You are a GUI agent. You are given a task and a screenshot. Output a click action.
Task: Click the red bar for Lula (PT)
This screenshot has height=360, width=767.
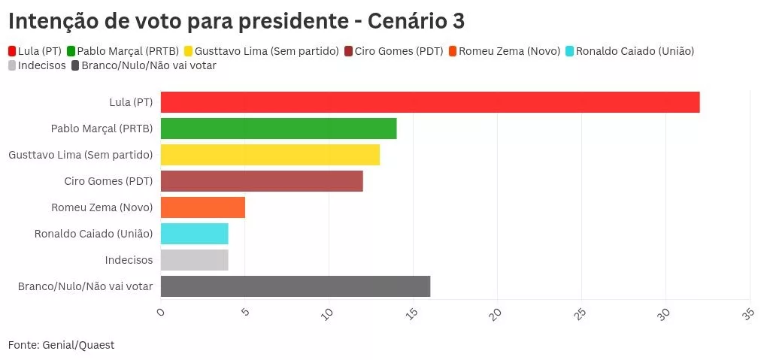click(x=429, y=102)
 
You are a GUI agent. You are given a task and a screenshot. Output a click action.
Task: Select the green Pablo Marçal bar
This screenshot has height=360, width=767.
click(x=278, y=129)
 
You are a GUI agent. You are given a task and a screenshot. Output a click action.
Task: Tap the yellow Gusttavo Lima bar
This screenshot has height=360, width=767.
click(x=270, y=155)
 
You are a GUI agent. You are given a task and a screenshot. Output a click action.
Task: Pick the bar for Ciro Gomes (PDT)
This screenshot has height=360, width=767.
click(x=262, y=181)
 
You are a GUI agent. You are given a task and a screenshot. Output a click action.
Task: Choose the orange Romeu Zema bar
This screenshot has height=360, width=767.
click(x=203, y=207)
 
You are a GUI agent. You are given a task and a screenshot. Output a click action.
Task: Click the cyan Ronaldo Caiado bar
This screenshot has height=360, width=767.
click(x=194, y=234)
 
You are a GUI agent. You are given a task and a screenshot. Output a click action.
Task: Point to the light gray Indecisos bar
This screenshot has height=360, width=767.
click(x=194, y=260)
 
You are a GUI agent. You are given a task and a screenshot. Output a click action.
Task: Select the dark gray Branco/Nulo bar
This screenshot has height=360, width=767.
click(x=295, y=286)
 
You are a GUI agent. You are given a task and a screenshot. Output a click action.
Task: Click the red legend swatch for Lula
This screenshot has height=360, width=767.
click(x=12, y=51)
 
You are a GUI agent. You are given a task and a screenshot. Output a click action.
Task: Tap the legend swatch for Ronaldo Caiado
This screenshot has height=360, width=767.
click(x=569, y=51)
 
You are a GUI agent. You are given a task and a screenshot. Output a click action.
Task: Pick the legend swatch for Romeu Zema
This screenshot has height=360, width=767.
click(x=453, y=51)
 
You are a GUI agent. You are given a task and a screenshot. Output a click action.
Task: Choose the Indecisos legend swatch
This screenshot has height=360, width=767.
click(x=12, y=65)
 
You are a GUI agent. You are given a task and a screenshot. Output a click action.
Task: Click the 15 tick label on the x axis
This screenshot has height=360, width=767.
click(x=411, y=313)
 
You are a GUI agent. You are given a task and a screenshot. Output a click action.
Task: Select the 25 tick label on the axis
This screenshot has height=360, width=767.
click(x=578, y=313)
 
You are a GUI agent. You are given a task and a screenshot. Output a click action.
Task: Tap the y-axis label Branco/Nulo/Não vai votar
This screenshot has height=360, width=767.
click(x=85, y=286)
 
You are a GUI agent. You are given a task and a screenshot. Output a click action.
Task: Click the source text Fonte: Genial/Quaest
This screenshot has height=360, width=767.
click(x=61, y=344)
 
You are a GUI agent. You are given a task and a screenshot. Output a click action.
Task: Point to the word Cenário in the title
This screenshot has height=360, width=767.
click(x=407, y=21)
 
